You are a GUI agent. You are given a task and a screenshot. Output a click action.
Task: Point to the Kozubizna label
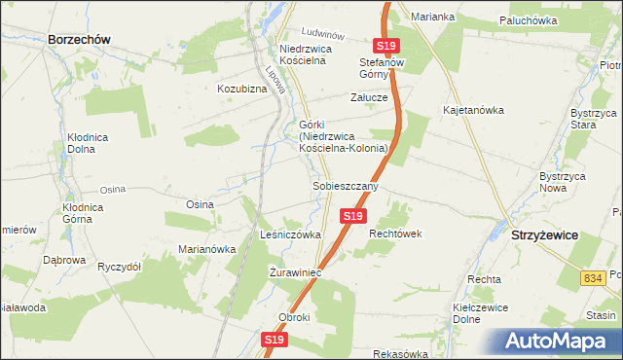(x=242, y=89)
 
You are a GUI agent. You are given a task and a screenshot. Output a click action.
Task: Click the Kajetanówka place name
(x=473, y=110)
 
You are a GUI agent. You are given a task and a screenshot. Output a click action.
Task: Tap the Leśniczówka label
(x=291, y=234)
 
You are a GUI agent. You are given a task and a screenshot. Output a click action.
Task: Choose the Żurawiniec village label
(x=295, y=273)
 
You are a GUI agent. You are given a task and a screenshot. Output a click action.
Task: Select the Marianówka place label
(x=207, y=248)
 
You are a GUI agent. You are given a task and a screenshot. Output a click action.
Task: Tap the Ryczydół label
(x=121, y=266)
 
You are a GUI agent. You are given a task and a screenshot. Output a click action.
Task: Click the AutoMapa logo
(x=558, y=341)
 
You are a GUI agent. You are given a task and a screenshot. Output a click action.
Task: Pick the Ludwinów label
(x=324, y=31)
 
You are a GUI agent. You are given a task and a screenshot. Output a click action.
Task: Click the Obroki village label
(x=293, y=318)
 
